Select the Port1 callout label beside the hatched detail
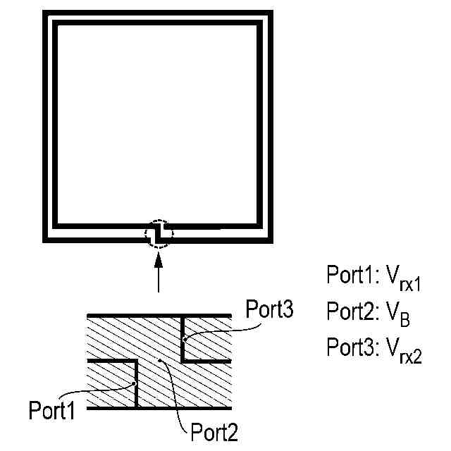[x=51, y=410]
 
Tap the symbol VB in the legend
[x=398, y=314]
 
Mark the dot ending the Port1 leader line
[x=134, y=384]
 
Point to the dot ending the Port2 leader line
[x=163, y=361]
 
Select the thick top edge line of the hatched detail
[x=159, y=314]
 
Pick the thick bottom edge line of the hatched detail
[x=159, y=408]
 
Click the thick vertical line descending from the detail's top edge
[x=183, y=337]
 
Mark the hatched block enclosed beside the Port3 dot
[x=207, y=338]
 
